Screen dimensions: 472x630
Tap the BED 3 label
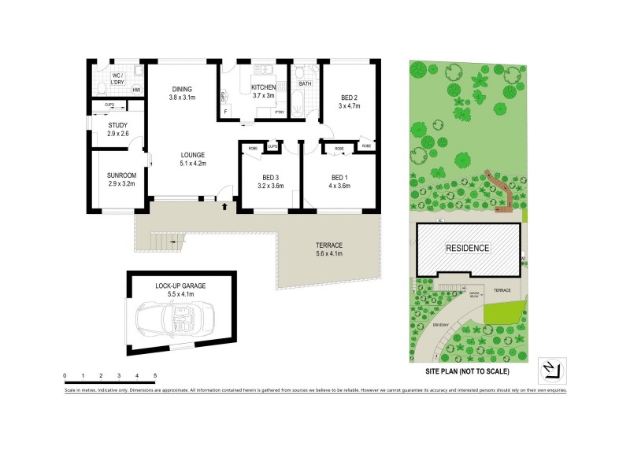tap(270, 182)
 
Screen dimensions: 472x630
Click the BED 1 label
tap(339, 182)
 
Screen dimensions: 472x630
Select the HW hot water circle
tap(136, 90)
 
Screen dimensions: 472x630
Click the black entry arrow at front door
tap(227, 207)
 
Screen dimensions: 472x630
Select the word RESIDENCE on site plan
tap(469, 248)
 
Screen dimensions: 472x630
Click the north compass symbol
tap(550, 368)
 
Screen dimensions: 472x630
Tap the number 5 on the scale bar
tap(155, 375)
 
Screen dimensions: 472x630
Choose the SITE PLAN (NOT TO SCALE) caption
tap(468, 371)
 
